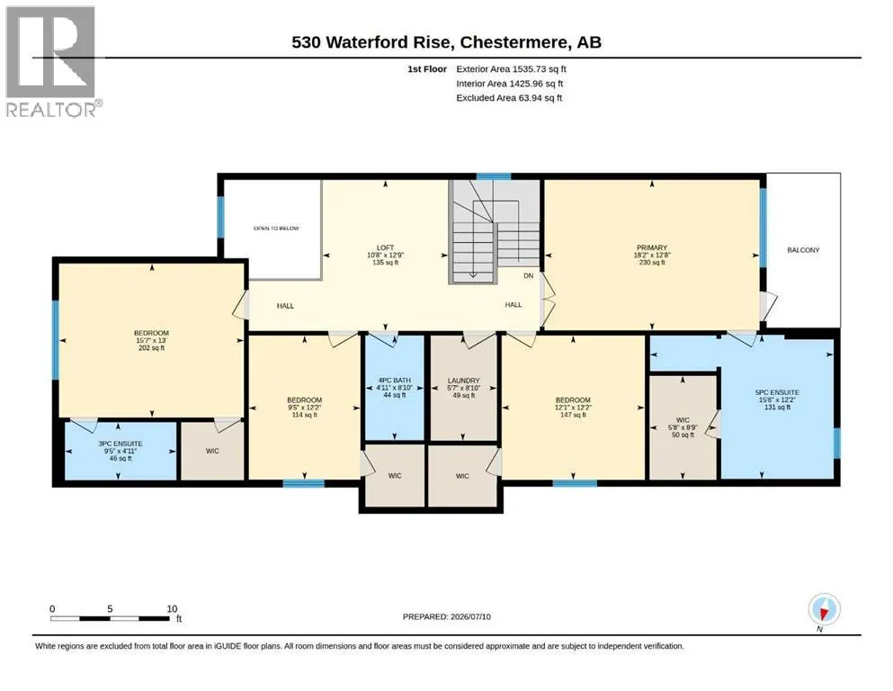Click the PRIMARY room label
pyautogui.click(x=652, y=247)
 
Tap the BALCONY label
pyautogui.click(x=803, y=250)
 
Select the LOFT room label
pyautogui.click(x=386, y=247)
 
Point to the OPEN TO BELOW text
pyautogui.click(x=276, y=229)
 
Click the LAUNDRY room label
pyautogui.click(x=463, y=381)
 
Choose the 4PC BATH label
pyautogui.click(x=394, y=381)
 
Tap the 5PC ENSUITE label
pyautogui.click(x=777, y=392)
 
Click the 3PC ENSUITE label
pyautogui.click(x=121, y=444)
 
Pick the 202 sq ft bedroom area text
pyautogui.click(x=151, y=348)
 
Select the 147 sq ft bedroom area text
pyautogui.click(x=573, y=415)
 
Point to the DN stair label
pyautogui.click(x=529, y=275)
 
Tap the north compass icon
pyautogui.click(x=824, y=610)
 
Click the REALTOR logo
pyautogui.click(x=54, y=61)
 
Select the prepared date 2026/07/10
pyautogui.click(x=470, y=616)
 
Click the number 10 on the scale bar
pyautogui.click(x=172, y=608)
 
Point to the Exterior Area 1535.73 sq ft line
pyautogui.click(x=511, y=69)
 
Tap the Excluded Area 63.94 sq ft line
pyautogui.click(x=509, y=98)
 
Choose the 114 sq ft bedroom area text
pyautogui.click(x=304, y=415)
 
